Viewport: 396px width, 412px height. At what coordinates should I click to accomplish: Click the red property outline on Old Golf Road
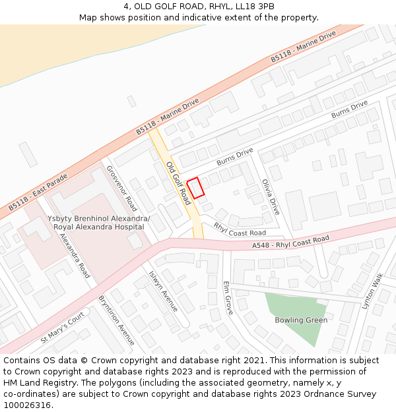[x=195, y=188]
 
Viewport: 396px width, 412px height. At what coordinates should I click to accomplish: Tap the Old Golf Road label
[x=178, y=183]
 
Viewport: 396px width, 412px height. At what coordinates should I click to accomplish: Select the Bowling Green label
[x=301, y=320]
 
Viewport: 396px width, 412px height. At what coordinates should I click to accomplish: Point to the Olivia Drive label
[x=271, y=197]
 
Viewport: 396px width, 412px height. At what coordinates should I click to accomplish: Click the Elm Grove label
[x=228, y=297]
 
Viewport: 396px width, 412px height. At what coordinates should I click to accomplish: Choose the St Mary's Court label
[x=63, y=327]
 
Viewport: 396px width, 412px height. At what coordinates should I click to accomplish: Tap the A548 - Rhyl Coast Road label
[x=290, y=242]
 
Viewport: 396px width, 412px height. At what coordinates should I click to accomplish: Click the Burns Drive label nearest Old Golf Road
[x=235, y=157]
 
